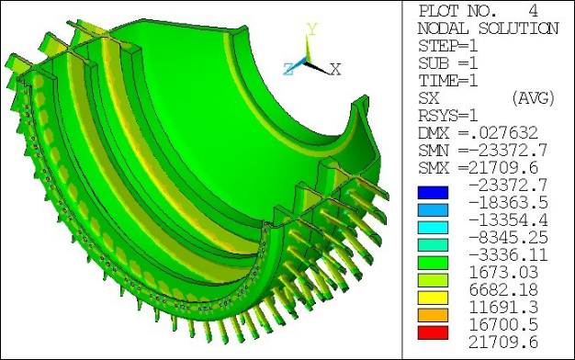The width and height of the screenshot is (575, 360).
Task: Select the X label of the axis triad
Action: pyautogui.click(x=336, y=69)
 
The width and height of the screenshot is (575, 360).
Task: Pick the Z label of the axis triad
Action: pyautogui.click(x=288, y=67)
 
